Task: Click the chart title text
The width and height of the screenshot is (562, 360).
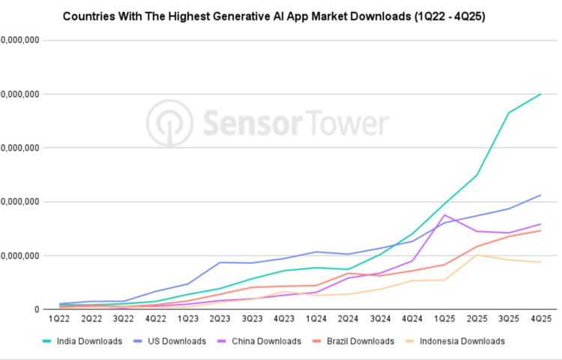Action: (274, 16)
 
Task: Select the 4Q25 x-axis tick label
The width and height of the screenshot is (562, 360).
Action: (541, 319)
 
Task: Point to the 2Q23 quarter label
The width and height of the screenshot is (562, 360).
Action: (221, 319)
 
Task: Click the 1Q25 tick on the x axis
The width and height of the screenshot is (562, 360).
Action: (444, 319)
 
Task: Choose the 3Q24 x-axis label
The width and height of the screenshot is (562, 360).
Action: (381, 319)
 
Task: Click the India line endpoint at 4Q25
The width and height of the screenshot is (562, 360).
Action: (541, 94)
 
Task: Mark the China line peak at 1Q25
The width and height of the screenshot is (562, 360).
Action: (444, 214)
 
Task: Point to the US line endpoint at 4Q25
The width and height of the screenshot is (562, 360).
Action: (541, 195)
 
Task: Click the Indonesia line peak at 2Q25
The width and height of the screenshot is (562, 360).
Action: (477, 255)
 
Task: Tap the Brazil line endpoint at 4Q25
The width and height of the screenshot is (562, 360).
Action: (541, 230)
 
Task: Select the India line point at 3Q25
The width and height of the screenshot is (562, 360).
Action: (509, 113)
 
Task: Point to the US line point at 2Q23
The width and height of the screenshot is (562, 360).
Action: (221, 262)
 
